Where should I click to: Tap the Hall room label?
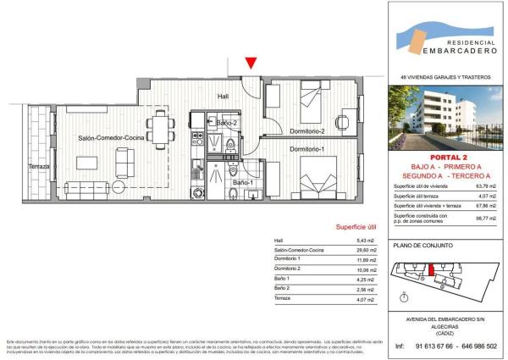click(224, 96)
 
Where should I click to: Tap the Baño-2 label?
click(226, 124)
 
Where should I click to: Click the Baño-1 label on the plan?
click(243, 182)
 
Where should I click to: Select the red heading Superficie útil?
click(356, 227)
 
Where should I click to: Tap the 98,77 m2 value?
click(487, 217)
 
